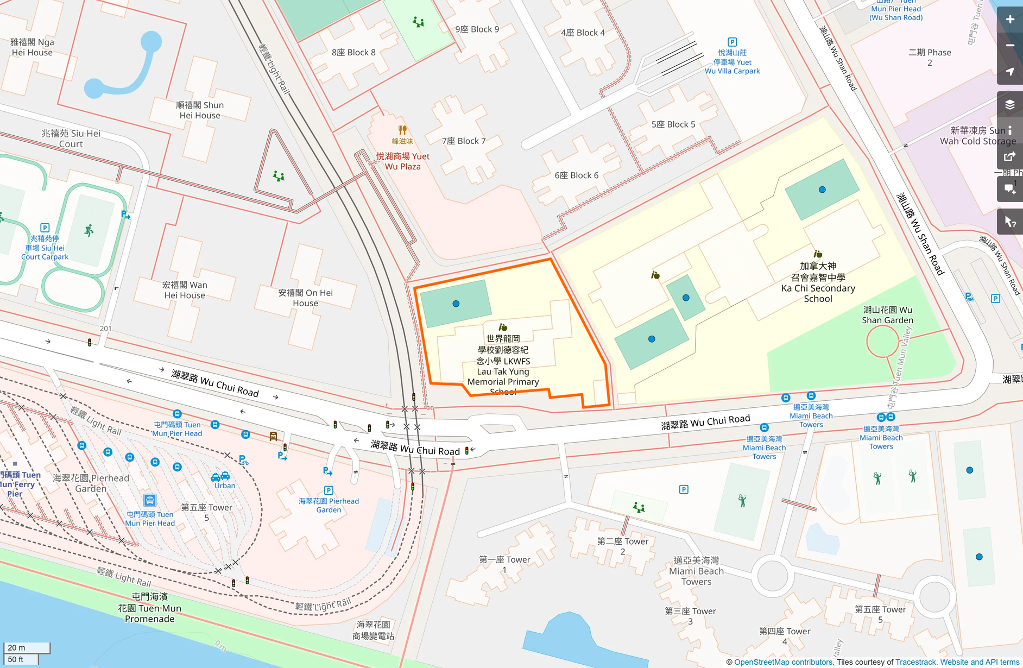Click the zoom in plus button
click(1009, 20)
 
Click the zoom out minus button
click(1009, 46)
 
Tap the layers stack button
click(1009, 104)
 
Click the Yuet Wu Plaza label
click(403, 161)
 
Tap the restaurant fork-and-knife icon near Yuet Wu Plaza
click(402, 130)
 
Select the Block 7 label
click(464, 141)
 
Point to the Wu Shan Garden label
click(887, 315)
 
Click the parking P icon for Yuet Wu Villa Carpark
click(732, 42)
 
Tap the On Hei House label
click(305, 298)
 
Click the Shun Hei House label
click(200, 110)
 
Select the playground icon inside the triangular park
click(279, 176)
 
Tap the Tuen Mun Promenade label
click(150, 608)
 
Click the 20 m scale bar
click(27, 647)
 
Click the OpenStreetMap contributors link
click(783, 662)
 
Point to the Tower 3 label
click(690, 616)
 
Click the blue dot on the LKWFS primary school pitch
click(456, 304)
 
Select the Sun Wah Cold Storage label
click(978, 136)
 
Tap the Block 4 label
click(583, 33)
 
